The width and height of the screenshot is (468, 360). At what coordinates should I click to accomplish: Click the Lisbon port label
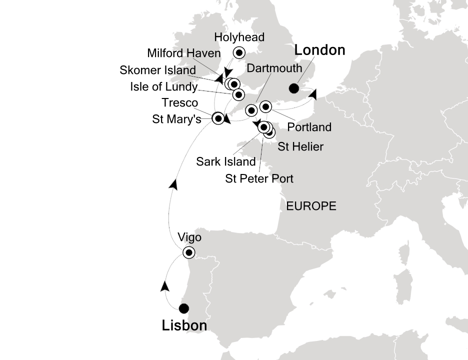184,326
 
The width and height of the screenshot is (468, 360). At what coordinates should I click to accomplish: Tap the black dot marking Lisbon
184,308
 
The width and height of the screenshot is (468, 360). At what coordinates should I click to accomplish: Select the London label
319,50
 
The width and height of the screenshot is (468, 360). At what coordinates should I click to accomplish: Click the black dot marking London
294,89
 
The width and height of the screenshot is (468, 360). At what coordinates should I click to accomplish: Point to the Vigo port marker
188,252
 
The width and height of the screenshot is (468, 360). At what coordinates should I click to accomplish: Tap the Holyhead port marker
239,52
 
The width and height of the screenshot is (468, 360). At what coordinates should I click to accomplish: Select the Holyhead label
239,37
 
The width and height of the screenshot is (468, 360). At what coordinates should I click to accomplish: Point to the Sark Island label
226,161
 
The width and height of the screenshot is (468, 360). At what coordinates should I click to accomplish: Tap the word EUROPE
310,206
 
